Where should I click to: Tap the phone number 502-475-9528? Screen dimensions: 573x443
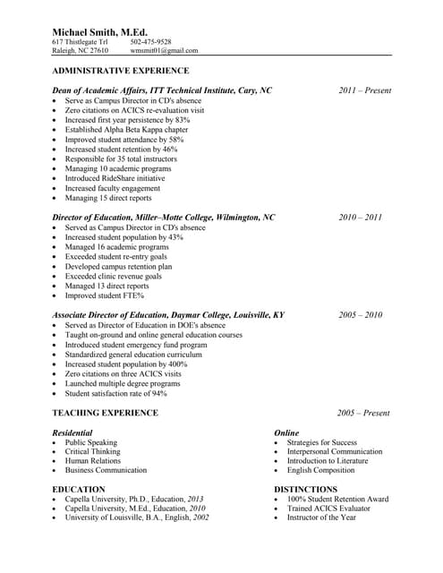150,41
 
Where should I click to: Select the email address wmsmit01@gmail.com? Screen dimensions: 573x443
164,51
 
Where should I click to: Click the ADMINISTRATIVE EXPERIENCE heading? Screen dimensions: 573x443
120,70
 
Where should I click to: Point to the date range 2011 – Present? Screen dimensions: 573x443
364,90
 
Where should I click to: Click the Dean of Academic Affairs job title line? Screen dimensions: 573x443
162,90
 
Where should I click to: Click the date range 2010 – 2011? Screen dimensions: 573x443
361,217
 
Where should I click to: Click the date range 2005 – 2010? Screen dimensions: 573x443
361,315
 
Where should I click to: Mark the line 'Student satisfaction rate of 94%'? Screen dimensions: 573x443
115,393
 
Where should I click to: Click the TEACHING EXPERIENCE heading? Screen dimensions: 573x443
105,413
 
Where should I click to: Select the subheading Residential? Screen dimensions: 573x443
72,432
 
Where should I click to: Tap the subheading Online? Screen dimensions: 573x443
286,432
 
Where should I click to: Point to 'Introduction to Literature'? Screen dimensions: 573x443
327,461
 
